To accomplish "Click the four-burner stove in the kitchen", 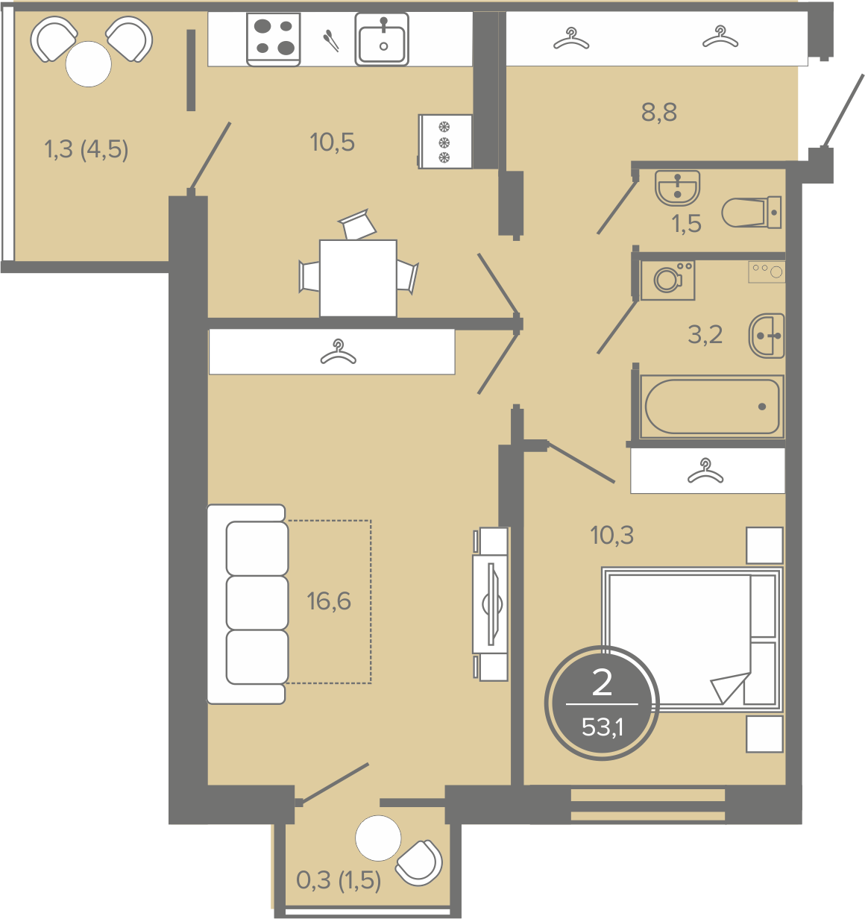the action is click(274, 40).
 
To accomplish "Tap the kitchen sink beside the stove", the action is click(382, 40).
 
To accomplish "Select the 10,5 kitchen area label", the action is click(333, 142).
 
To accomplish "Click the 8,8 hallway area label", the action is click(659, 112).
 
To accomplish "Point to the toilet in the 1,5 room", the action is click(751, 213).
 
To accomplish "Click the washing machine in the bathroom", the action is click(667, 280).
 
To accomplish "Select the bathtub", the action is click(712, 407).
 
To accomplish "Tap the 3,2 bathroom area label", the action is click(705, 335).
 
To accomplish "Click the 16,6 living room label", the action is click(329, 600).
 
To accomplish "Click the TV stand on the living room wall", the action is click(491, 604).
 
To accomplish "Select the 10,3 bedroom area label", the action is click(612, 535).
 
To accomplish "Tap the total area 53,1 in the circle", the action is click(602, 727).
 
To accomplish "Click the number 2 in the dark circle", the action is click(602, 683).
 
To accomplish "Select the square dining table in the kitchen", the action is click(358, 278).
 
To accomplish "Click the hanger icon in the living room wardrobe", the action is click(339, 352).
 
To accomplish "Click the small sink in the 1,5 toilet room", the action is click(678, 188).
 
